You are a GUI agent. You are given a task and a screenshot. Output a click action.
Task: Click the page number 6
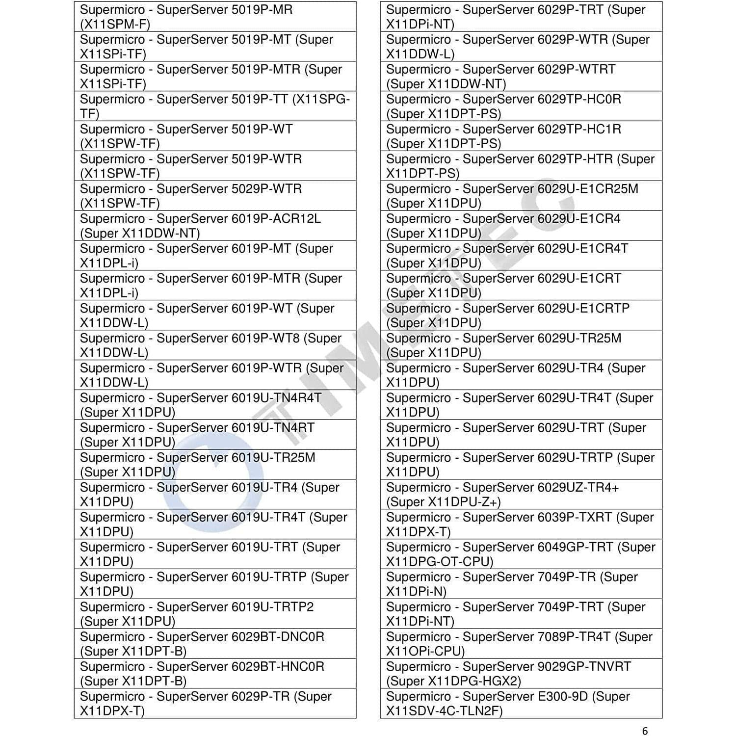[645, 731]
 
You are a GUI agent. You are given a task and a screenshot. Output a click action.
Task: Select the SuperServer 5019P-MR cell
[215, 17]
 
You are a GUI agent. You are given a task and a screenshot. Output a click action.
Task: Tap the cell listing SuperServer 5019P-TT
[215, 106]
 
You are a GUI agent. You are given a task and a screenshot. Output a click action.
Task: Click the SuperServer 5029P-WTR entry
[215, 196]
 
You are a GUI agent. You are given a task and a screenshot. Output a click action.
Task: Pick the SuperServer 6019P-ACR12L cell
[215, 226]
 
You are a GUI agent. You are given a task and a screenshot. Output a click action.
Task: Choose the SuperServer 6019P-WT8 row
[215, 345]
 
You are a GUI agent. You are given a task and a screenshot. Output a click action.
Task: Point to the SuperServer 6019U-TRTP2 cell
[215, 614]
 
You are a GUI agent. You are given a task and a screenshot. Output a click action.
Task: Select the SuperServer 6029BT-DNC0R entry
[215, 644]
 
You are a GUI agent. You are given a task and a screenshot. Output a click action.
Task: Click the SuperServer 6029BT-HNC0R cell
[215, 674]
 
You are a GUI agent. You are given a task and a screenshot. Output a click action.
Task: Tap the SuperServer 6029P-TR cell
[215, 704]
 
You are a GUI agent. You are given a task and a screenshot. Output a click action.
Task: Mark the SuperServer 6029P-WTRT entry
[521, 77]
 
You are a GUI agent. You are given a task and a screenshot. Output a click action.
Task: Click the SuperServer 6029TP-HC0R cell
[521, 106]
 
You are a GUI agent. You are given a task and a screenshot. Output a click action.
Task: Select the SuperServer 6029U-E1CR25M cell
[521, 196]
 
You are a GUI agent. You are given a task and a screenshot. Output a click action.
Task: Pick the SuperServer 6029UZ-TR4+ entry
[521, 495]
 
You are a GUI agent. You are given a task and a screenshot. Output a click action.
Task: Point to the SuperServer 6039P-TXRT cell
[521, 525]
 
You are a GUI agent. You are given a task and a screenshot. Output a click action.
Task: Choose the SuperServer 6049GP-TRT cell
[521, 554]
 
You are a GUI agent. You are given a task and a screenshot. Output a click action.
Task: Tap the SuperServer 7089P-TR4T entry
[521, 644]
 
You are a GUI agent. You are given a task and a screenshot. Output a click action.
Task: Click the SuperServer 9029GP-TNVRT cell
[521, 674]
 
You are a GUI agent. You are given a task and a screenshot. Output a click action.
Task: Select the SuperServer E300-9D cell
[521, 704]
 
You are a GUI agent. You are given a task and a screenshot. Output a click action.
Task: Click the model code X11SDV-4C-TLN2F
[444, 711]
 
